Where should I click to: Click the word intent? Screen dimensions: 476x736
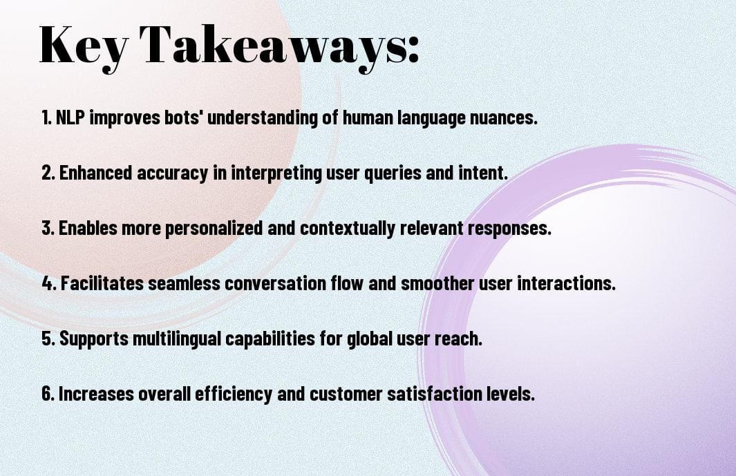click(x=487, y=173)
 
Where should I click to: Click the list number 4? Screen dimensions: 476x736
click(x=48, y=283)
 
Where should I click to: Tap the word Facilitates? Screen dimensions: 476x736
click(x=98, y=283)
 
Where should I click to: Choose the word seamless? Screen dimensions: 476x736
click(x=172, y=283)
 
